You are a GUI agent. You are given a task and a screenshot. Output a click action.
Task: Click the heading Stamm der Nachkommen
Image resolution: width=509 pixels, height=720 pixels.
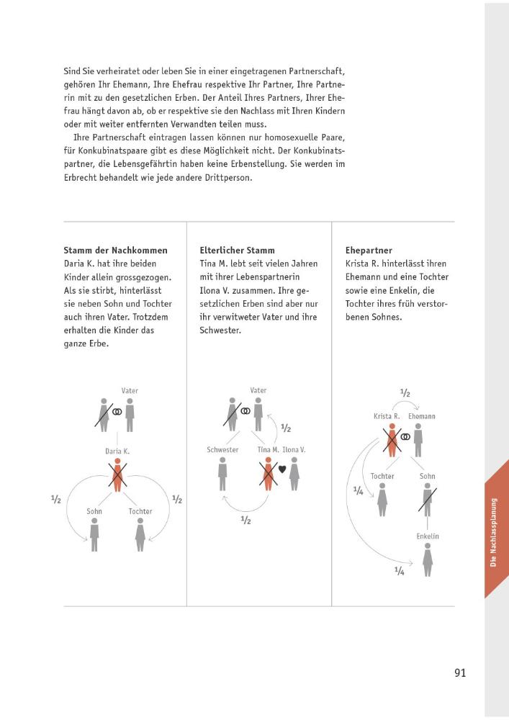pyautogui.click(x=115, y=251)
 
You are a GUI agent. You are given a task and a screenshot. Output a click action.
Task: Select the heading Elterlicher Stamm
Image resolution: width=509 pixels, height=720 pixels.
pyautogui.click(x=237, y=251)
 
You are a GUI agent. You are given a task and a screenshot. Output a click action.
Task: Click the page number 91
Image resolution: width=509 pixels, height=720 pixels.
pyautogui.click(x=461, y=673)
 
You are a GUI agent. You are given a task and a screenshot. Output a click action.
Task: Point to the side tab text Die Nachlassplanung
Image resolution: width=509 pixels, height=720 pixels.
pyautogui.click(x=494, y=533)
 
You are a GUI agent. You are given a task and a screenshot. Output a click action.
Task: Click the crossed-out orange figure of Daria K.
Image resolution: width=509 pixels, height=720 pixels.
pyautogui.click(x=117, y=475)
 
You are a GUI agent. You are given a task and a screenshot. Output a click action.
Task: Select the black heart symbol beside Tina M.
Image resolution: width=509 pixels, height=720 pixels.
pyautogui.click(x=282, y=469)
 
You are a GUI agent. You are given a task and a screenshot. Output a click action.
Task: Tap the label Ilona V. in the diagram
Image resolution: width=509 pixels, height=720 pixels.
pyautogui.click(x=294, y=450)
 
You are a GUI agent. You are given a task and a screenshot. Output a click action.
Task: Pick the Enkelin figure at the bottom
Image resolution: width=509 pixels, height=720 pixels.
pyautogui.click(x=428, y=559)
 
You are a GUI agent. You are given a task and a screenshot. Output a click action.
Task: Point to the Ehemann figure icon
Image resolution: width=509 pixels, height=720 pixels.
pyautogui.click(x=418, y=438)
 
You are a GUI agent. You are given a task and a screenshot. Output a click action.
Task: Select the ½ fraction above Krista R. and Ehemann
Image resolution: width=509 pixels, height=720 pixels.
pyautogui.click(x=405, y=393)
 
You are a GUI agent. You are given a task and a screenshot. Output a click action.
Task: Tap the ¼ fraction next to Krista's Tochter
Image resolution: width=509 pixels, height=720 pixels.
pyautogui.click(x=358, y=490)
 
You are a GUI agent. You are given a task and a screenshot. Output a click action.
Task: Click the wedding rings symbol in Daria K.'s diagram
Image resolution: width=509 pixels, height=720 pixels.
pyautogui.click(x=117, y=412)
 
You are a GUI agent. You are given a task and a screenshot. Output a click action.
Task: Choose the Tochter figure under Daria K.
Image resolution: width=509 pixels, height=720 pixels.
pyautogui.click(x=140, y=534)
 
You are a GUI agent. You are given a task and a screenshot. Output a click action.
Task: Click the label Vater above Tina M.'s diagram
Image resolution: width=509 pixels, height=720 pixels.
pyautogui.click(x=258, y=391)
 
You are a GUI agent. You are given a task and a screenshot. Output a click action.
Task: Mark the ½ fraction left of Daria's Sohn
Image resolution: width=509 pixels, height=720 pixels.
pyautogui.click(x=56, y=500)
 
